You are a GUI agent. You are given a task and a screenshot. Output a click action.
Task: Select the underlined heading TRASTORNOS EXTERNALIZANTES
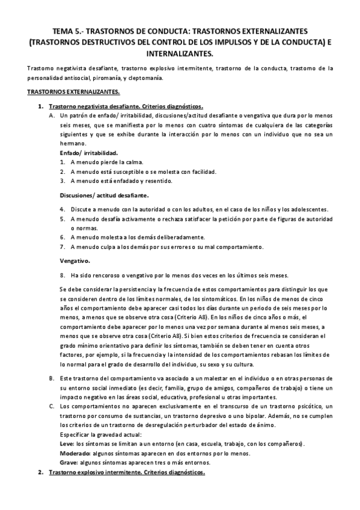[x=73, y=92]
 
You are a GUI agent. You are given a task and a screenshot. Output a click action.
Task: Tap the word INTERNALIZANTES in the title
[x=180, y=54]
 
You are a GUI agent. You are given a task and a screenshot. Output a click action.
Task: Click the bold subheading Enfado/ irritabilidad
[x=88, y=153]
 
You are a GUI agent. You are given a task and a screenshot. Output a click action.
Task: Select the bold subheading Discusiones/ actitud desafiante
[x=104, y=195]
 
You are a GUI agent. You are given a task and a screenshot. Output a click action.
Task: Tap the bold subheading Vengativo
[x=75, y=261]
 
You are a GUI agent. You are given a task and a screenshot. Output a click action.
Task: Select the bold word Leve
[x=66, y=443]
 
